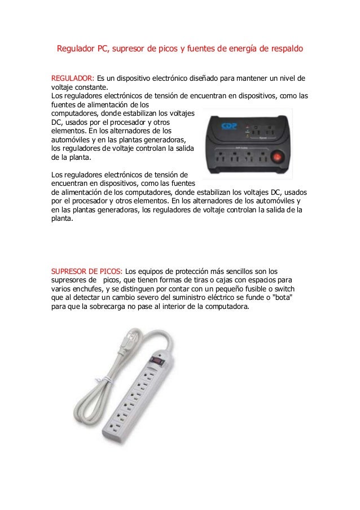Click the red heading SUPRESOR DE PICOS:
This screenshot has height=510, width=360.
pos(86,271)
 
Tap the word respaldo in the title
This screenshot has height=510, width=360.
pos(285,49)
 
